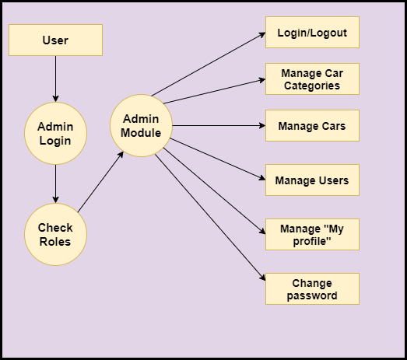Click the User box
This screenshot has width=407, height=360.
[x=55, y=40]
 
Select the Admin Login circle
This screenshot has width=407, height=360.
[x=55, y=133]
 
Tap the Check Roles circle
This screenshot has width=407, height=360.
[x=55, y=235]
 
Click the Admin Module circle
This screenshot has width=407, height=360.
[x=141, y=125]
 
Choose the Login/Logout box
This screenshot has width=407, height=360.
[x=312, y=32]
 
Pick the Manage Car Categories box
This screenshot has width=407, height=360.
[x=312, y=79]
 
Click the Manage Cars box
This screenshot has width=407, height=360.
[x=312, y=125]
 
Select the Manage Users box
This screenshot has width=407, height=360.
[x=312, y=180]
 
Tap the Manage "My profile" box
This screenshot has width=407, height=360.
[x=312, y=235]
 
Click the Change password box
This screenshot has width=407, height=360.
[x=312, y=289]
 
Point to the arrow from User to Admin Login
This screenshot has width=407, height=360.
[x=55, y=79]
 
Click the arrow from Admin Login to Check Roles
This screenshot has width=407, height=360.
[x=55, y=184]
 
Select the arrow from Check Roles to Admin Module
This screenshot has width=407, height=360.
[x=100, y=182]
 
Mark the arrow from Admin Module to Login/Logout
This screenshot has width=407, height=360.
[x=209, y=64]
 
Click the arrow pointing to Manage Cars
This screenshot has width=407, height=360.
[x=219, y=125]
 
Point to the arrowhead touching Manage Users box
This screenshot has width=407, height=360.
[x=262, y=178]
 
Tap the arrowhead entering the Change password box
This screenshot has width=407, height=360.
[x=263, y=278]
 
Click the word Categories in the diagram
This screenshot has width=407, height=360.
[x=312, y=86]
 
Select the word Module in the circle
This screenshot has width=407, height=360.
[x=141, y=133]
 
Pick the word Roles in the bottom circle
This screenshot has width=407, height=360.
[x=55, y=242]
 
